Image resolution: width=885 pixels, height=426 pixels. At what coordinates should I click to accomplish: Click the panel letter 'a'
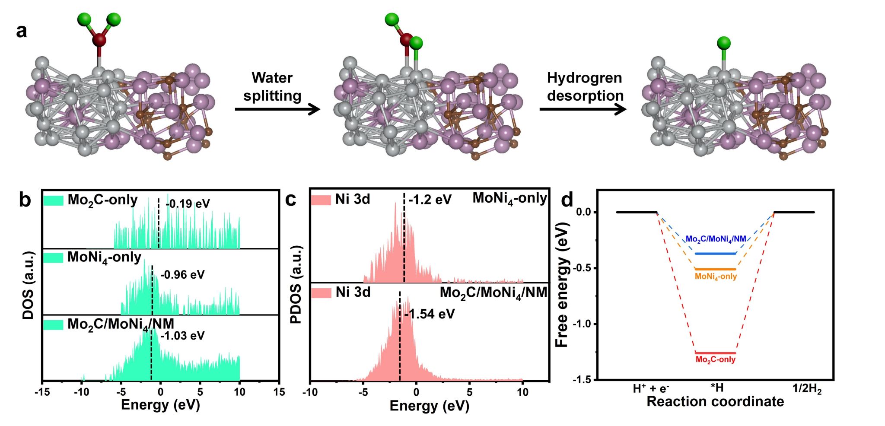click(21, 31)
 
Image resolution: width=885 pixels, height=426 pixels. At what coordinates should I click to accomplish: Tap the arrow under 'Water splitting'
click(277, 109)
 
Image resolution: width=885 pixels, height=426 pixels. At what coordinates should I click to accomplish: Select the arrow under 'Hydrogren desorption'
click(583, 109)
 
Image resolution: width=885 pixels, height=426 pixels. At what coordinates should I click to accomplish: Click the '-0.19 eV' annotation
click(188, 203)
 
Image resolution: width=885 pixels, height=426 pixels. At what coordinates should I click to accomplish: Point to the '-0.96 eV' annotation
click(182, 275)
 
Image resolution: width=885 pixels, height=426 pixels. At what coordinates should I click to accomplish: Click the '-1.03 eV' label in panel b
click(182, 336)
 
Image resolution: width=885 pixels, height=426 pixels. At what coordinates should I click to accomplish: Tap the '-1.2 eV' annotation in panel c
click(430, 200)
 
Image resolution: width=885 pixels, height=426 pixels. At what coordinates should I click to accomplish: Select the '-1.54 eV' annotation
click(430, 314)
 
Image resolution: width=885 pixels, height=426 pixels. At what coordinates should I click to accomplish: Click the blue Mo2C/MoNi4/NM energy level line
click(715, 254)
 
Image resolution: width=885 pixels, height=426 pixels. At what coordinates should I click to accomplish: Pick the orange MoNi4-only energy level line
click(715, 269)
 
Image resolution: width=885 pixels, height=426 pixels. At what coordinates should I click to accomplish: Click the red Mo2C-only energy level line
click(715, 353)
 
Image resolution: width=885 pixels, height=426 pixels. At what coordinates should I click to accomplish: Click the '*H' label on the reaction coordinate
click(717, 388)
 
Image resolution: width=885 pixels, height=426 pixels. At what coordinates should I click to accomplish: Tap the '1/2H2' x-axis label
click(807, 389)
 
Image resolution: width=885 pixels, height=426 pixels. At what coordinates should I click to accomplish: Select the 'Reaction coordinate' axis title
click(715, 402)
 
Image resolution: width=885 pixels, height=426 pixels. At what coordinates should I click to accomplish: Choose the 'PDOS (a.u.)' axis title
click(296, 285)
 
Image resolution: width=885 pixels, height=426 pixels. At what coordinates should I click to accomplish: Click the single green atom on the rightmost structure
click(724, 43)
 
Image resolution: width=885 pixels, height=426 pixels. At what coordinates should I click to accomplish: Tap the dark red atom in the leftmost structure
click(99, 40)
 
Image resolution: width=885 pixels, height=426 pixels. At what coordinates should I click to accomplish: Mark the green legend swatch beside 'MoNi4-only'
click(53, 258)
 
